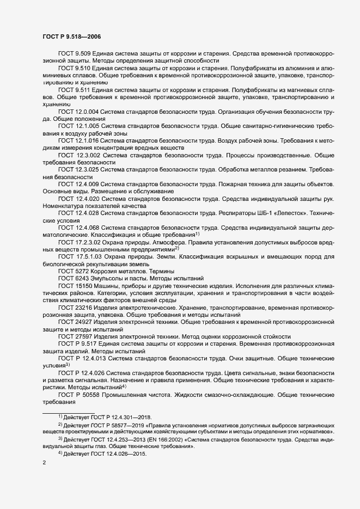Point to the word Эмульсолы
[x=108, y=278]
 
